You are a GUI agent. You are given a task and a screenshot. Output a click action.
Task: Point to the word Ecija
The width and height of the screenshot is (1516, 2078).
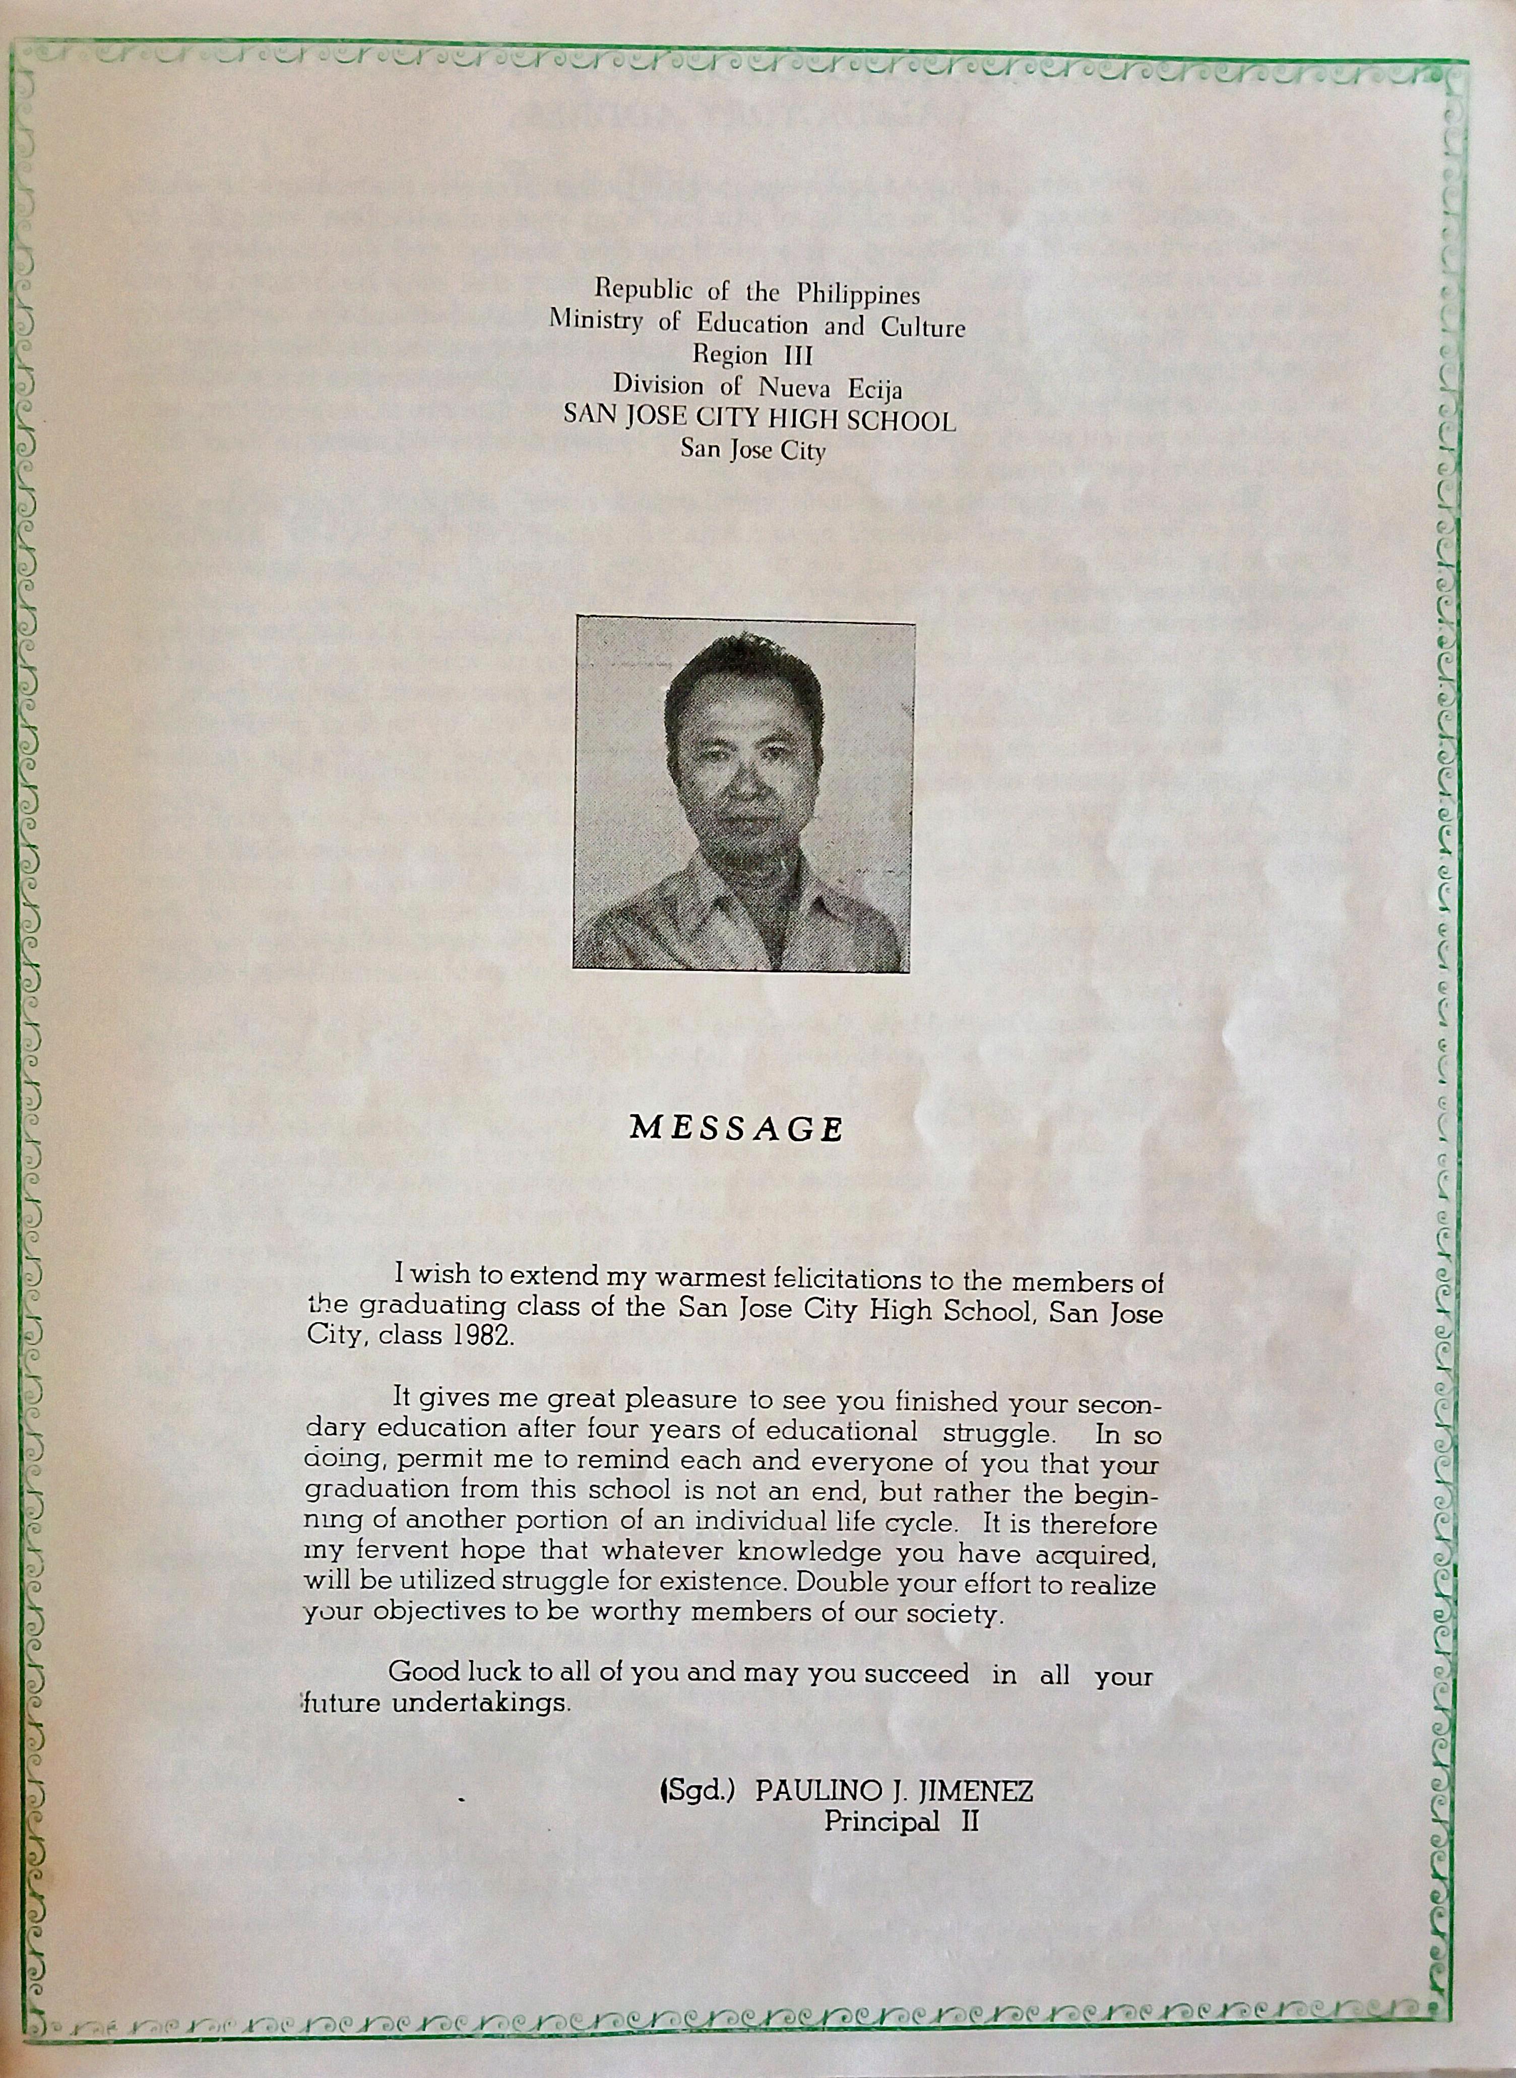click(x=874, y=389)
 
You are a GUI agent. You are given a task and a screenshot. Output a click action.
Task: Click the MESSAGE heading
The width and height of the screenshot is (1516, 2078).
click(x=736, y=1129)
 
